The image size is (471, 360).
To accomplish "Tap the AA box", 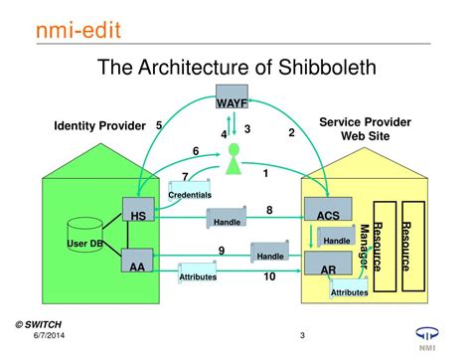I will pos(138,265).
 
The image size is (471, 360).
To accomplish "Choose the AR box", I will pos(327,269).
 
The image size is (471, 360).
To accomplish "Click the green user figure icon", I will pos(234,159).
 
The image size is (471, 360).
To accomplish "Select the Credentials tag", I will pos(189,193).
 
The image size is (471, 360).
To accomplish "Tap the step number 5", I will pos(159,125).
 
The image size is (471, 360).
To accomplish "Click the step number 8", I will pos(269,210).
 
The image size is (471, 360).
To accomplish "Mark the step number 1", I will pos(265,173).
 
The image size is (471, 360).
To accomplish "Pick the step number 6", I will pos(196,150).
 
